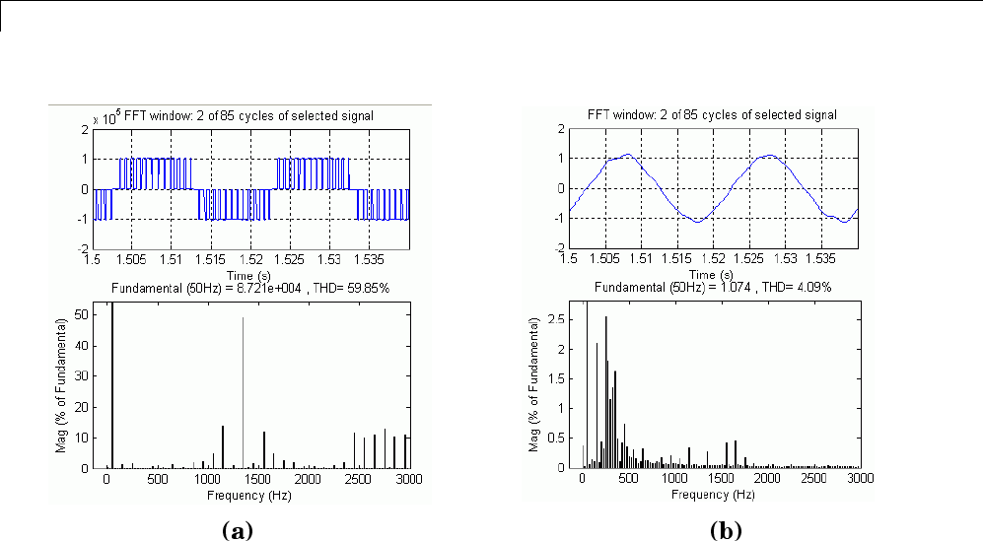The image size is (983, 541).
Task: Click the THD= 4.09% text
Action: (801, 287)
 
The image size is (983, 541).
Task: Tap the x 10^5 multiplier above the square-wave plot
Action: (105, 119)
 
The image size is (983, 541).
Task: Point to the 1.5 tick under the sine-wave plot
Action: (569, 259)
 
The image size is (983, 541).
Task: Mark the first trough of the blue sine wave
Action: (697, 222)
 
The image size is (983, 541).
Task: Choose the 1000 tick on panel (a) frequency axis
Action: (206, 479)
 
